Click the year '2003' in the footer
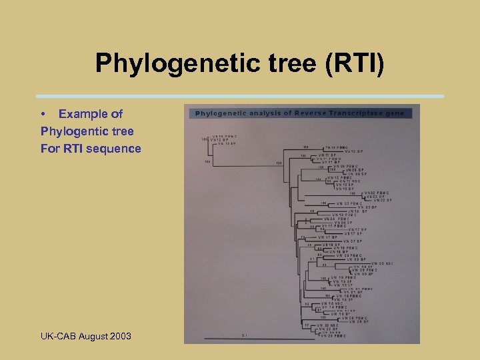tap(119, 335)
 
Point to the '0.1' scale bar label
tap(244, 335)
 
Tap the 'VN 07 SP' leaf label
tap(353, 241)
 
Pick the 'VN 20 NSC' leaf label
tap(329, 324)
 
